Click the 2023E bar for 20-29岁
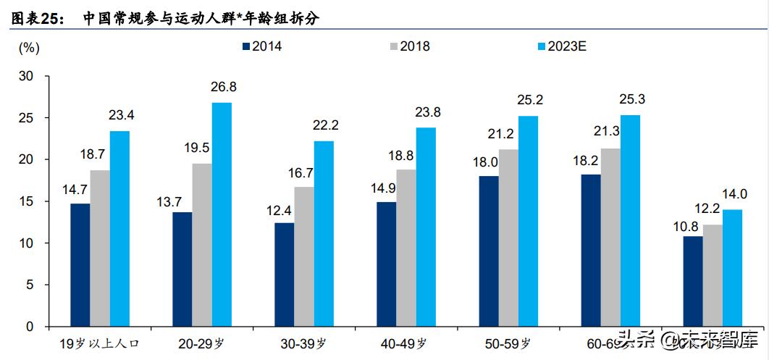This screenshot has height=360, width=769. [x=222, y=214]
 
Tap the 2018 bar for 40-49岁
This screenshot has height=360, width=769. [x=406, y=248]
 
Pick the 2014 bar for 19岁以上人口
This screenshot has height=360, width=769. [x=80, y=265]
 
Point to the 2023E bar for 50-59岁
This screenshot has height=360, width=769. [x=528, y=221]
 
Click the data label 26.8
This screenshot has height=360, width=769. [x=222, y=87]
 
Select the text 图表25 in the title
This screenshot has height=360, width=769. [x=36, y=18]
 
